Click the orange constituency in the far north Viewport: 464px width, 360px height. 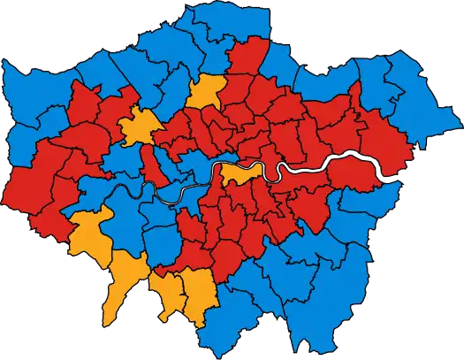click(206, 91)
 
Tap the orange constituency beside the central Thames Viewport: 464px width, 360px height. click(240, 172)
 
